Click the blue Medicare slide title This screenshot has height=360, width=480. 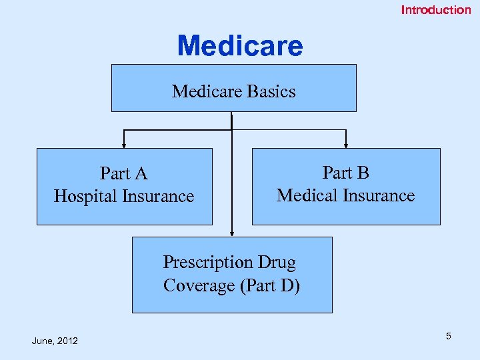(240, 46)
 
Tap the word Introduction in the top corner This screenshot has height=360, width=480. (435, 10)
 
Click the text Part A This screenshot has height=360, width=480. (123, 174)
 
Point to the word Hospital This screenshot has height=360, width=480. (86, 197)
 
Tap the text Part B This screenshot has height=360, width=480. (345, 173)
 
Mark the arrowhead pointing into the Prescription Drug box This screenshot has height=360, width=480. (231, 233)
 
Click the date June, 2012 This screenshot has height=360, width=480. (55, 341)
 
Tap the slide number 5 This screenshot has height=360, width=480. (449, 336)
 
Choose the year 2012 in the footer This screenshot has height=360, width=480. (67, 341)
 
